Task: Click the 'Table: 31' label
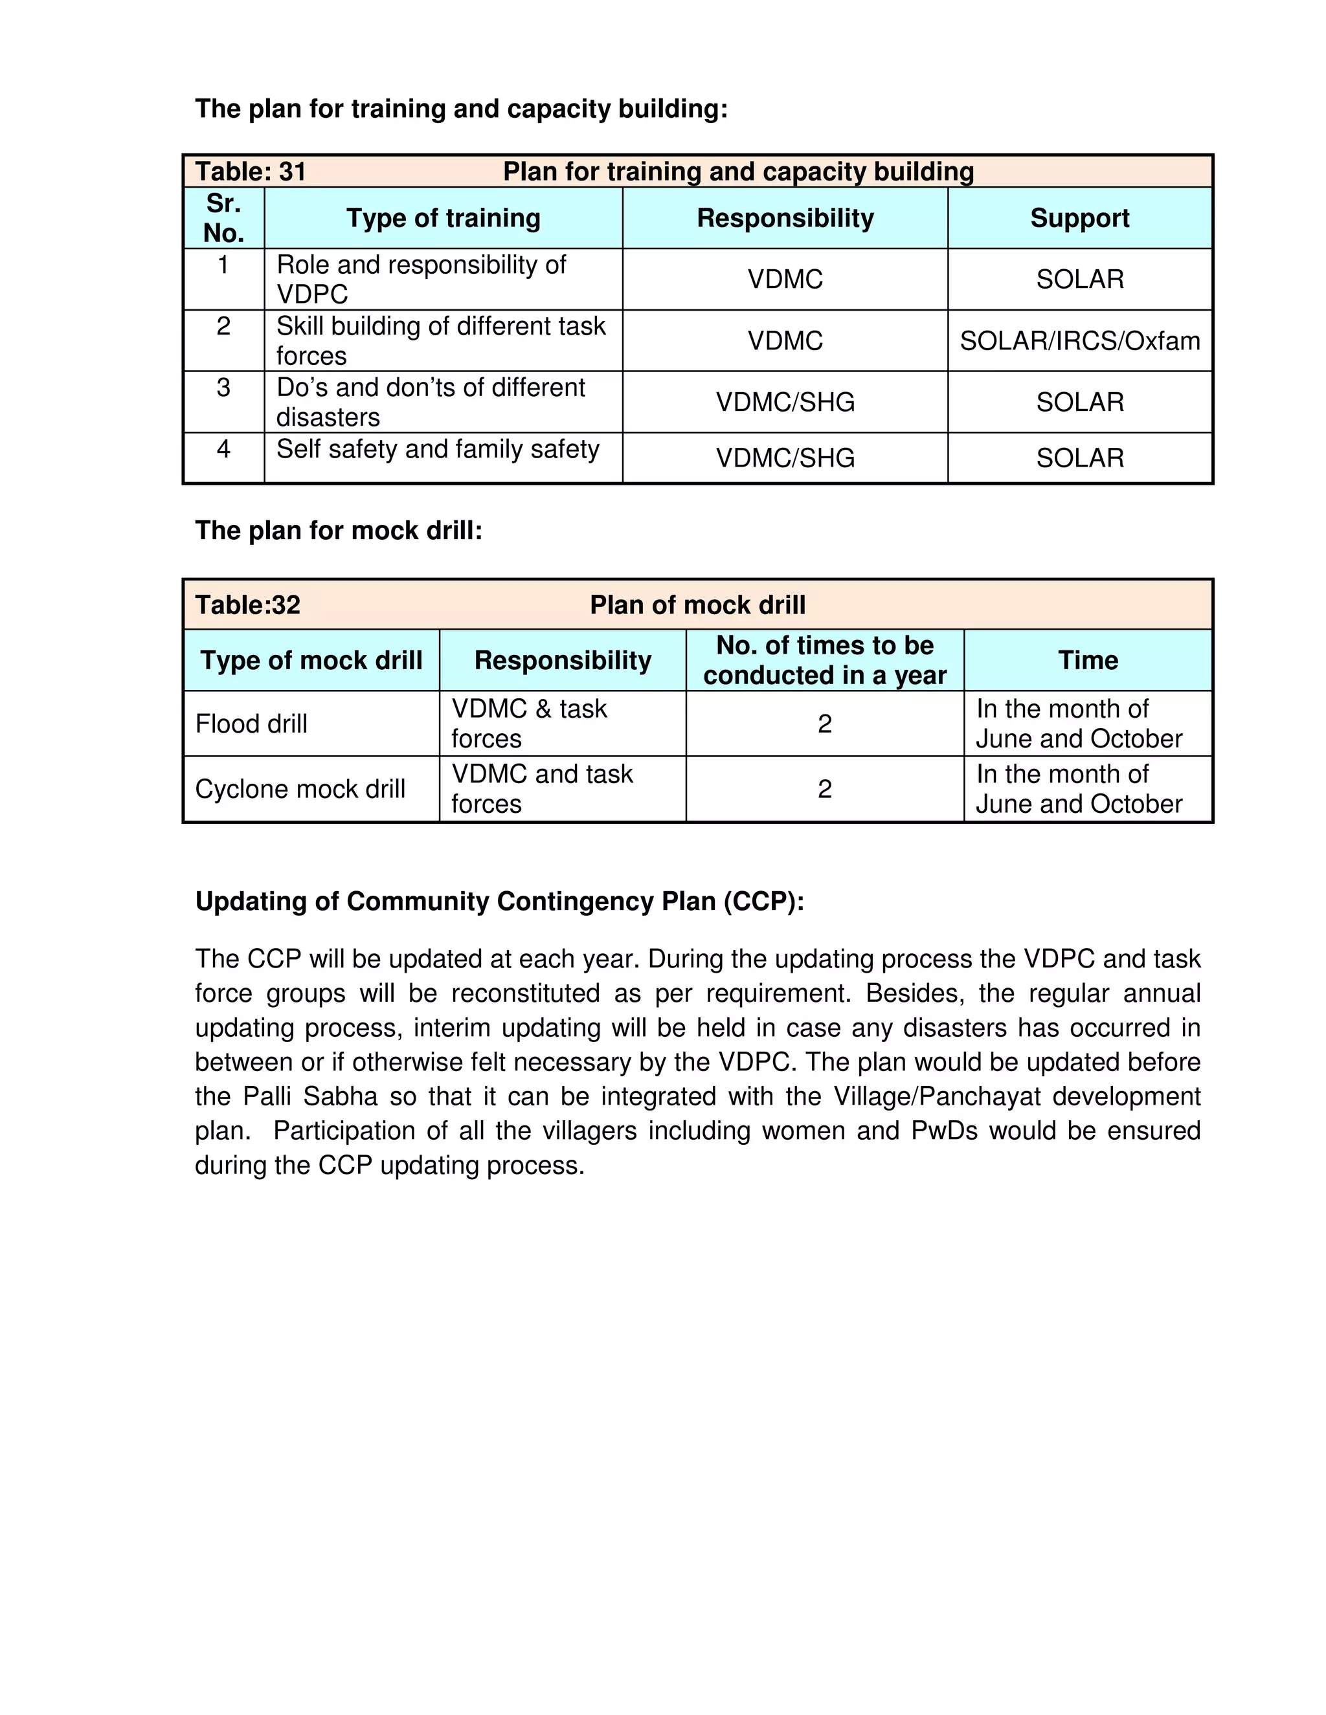[250, 171]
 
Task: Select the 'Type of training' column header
[443, 217]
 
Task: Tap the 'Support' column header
[1079, 217]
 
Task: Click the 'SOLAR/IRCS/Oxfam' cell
[1079, 341]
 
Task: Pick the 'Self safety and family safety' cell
[438, 449]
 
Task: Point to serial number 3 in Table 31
[223, 387]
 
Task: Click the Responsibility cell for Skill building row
[785, 341]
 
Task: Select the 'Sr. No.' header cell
[223, 217]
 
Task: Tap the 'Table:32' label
[247, 604]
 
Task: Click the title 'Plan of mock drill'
[697, 604]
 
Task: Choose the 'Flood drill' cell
[251, 724]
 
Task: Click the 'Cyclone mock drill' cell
[300, 788]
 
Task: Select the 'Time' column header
[1087, 659]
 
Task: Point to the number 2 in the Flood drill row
[824, 724]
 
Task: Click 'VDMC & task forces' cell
[529, 724]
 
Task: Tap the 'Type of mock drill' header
[311, 659]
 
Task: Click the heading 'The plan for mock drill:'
[339, 530]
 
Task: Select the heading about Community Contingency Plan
[500, 901]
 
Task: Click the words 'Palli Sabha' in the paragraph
[310, 1096]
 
